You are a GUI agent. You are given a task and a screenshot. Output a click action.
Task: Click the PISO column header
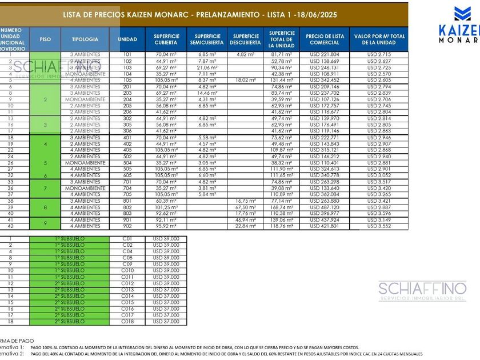pos(45,39)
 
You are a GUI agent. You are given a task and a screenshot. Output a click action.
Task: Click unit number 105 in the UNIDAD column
pos(127,81)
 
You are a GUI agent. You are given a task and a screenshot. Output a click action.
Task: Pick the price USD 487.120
pos(324,207)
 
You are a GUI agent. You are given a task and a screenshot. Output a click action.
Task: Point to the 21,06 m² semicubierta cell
pos(207,67)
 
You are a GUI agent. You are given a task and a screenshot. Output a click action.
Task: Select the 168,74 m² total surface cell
pos(282,207)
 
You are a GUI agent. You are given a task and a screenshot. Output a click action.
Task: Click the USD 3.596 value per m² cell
pos(379,214)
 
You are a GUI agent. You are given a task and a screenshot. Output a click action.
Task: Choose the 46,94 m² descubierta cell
pos(246,220)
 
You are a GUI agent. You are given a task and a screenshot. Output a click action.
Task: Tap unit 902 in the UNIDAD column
pos(127,226)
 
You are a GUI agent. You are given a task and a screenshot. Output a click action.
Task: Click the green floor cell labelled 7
pos(45,188)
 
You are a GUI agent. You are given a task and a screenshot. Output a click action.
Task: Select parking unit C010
pos(127,270)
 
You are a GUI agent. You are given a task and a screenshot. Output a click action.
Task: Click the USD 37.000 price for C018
pos(166,322)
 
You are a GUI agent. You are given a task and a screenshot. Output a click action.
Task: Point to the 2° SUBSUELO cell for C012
pos(69,283)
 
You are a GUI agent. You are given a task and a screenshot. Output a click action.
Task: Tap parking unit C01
pos(127,238)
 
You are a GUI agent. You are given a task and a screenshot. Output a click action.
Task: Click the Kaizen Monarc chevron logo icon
pos(462,14)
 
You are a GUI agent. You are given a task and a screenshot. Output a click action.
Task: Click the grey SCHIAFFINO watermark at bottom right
pos(422,290)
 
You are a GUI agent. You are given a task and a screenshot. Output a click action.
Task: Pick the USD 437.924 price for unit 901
pos(324,220)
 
